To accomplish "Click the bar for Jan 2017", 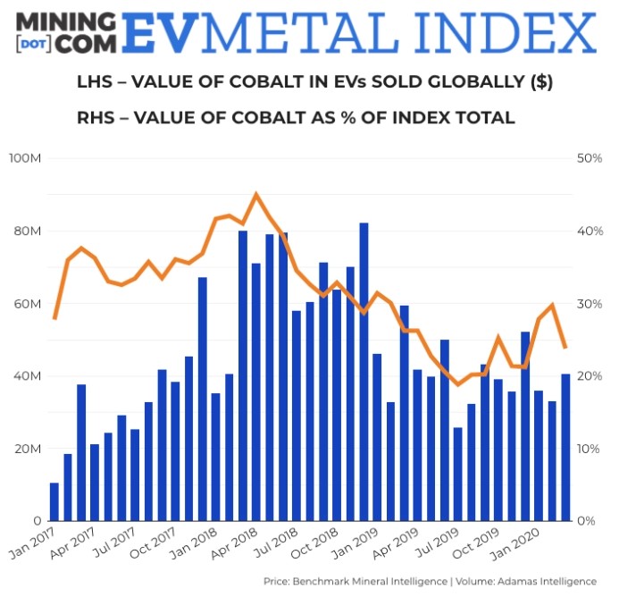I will tap(54, 501).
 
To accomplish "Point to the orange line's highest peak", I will tap(256, 194).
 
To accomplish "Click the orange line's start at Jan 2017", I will tap(54, 318).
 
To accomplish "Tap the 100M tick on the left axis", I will tap(32, 158).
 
